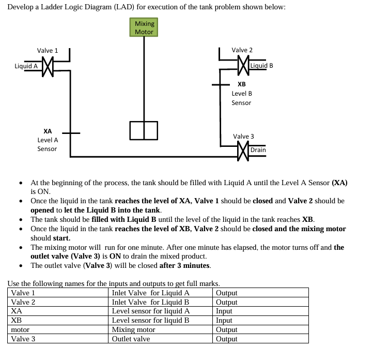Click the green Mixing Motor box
144,27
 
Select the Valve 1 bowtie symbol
48,66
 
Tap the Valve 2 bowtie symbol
242,65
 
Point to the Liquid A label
26,66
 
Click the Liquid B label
261,66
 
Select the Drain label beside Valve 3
258,150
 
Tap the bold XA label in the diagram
48,131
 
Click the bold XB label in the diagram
241,84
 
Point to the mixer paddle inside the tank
144,130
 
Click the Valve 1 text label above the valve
48,51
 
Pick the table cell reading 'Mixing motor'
133,330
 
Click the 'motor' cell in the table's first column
20,330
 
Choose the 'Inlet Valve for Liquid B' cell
150,302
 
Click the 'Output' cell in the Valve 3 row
226,339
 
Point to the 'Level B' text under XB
242,94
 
